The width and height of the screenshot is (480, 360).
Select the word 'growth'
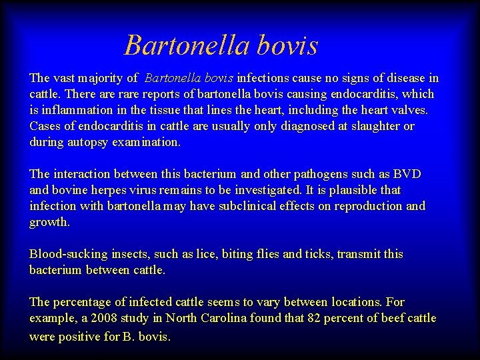pyautogui.click(x=49, y=222)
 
